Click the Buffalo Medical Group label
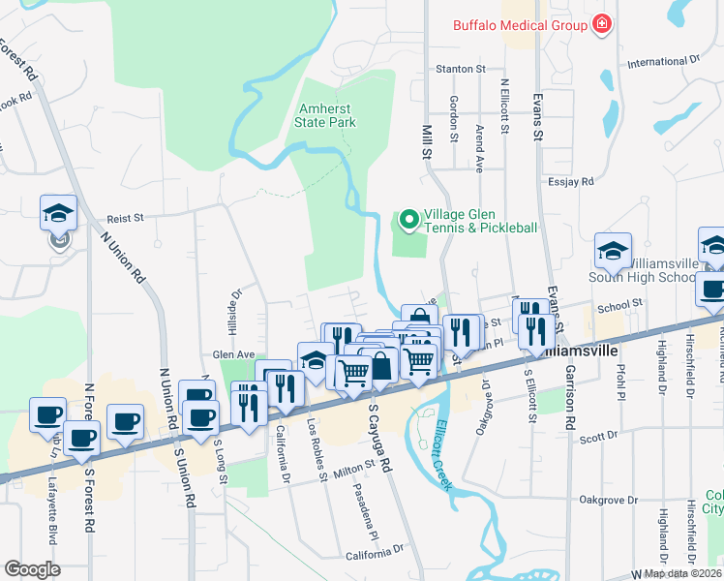click(x=520, y=25)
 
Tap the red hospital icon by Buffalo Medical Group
click(x=602, y=24)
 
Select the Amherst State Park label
click(x=327, y=115)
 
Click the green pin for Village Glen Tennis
click(x=408, y=221)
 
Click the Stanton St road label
click(x=461, y=69)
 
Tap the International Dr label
click(x=662, y=62)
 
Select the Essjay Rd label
click(x=570, y=180)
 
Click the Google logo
click(x=32, y=569)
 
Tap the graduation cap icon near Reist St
click(x=58, y=214)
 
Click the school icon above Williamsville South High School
click(x=612, y=252)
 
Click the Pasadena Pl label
click(x=370, y=512)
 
